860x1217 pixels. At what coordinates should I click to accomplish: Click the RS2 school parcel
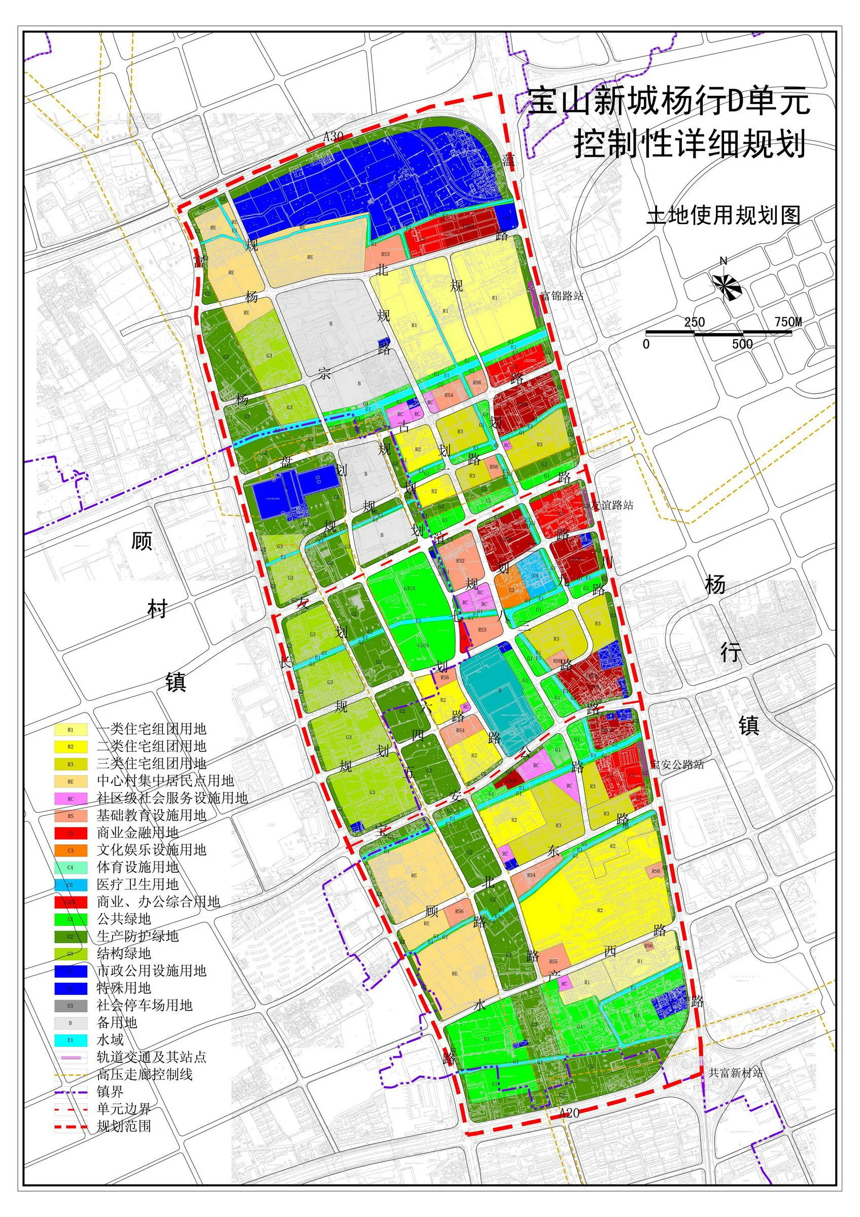click(x=460, y=561)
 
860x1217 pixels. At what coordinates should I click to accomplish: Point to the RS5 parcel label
click(x=553, y=961)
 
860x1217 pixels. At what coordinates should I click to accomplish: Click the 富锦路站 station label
click(x=562, y=296)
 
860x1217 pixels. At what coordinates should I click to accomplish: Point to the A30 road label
click(x=333, y=136)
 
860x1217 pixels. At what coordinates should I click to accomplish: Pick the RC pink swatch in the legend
click(x=71, y=798)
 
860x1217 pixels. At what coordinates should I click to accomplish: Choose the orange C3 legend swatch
click(x=71, y=850)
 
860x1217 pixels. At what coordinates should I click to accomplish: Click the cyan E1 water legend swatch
click(x=71, y=1041)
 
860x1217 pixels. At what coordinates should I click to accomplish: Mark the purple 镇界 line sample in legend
click(x=71, y=1092)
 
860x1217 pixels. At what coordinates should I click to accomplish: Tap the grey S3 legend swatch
click(x=71, y=1006)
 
